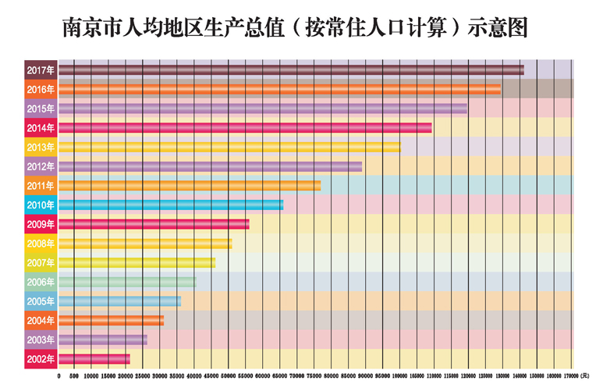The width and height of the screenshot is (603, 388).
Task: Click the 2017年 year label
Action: coord(41,70)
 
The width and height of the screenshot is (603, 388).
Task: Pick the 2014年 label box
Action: coord(41,128)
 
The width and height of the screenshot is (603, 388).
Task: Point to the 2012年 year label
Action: coord(41,166)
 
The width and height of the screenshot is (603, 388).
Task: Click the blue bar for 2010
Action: coord(171,205)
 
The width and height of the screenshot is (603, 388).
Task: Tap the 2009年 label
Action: coord(41,224)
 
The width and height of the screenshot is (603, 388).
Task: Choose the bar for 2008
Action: coord(145,244)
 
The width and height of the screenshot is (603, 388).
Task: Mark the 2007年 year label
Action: coord(41,262)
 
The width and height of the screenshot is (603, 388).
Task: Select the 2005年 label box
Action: coord(41,301)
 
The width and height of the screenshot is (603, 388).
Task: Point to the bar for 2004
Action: coord(111,320)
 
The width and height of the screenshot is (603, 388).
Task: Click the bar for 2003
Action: coord(102,340)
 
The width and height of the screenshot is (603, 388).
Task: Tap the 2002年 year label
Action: coord(41,359)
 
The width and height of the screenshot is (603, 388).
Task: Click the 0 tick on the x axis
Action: coord(59,376)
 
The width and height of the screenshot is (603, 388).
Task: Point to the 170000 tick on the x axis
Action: coord(567,376)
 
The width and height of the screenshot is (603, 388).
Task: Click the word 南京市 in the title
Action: coord(88,29)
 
